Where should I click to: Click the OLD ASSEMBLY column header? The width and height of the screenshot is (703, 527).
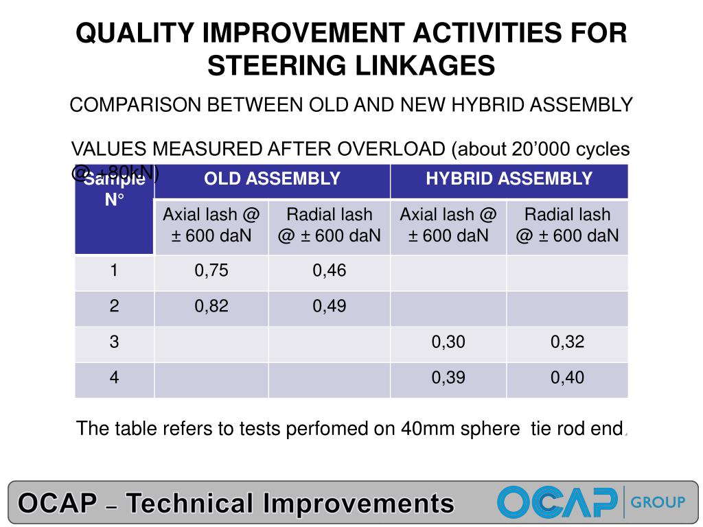[272, 180]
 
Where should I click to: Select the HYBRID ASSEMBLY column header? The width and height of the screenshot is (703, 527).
[509, 180]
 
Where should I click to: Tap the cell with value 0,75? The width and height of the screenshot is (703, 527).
[211, 271]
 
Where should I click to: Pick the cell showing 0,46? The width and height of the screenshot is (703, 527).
[330, 271]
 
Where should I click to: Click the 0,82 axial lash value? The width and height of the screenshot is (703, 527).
[211, 307]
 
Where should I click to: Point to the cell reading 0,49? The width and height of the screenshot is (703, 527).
[330, 307]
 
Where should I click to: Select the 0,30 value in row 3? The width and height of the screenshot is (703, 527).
[448, 342]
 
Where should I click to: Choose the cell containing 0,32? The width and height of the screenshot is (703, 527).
[567, 342]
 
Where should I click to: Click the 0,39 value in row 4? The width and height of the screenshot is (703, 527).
[448, 378]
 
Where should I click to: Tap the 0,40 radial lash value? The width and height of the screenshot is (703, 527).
[567, 378]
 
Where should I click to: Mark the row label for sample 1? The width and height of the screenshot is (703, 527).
[114, 271]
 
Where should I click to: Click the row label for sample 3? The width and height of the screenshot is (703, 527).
[114, 342]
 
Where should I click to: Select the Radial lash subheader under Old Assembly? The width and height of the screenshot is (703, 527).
[330, 225]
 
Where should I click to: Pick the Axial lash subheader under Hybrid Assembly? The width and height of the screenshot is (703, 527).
[448, 225]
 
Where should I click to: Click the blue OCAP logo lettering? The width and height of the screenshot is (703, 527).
[557, 502]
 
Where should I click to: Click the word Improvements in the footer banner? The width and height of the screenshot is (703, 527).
[358, 504]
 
